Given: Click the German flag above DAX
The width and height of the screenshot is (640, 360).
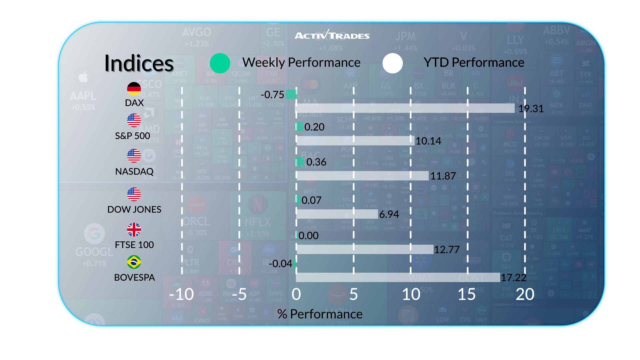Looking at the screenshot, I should pos(134,89).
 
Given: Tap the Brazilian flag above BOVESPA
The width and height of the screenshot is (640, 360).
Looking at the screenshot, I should pos(134,262).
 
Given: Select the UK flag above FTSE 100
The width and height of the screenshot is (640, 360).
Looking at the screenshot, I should pos(134,229).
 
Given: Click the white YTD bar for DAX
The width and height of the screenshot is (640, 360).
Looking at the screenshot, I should pos(405,108).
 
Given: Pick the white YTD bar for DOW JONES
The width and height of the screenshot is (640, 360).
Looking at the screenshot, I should pos(337,214).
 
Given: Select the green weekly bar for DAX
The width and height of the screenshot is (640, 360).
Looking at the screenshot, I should pos(291,94).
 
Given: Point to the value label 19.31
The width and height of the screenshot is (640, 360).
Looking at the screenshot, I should pos(531,109).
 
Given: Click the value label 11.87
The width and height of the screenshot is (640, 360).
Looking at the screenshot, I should pos(443,176).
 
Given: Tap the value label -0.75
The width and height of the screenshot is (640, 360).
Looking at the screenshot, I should pos(272,95).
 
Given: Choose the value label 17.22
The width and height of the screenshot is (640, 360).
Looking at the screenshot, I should pos(514,277).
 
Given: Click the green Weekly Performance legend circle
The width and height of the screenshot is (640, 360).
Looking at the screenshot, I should pos(220,63).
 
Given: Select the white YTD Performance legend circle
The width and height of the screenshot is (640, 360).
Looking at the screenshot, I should pos(393,63).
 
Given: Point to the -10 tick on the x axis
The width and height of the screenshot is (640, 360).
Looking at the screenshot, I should pos(182,294).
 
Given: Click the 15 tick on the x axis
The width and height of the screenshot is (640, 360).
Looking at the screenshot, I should pos(467,294).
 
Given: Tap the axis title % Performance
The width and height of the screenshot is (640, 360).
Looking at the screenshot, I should pos(320,314).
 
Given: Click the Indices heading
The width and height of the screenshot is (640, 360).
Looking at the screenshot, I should pos(139,63).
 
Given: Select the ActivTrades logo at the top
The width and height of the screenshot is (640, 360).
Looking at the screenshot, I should pos(332,35).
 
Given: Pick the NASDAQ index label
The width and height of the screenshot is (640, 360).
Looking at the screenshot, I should pos(134,171).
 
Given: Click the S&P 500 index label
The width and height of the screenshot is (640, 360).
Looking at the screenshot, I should pos(133,136).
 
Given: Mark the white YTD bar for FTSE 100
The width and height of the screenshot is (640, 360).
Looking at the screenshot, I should pos(365,249).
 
